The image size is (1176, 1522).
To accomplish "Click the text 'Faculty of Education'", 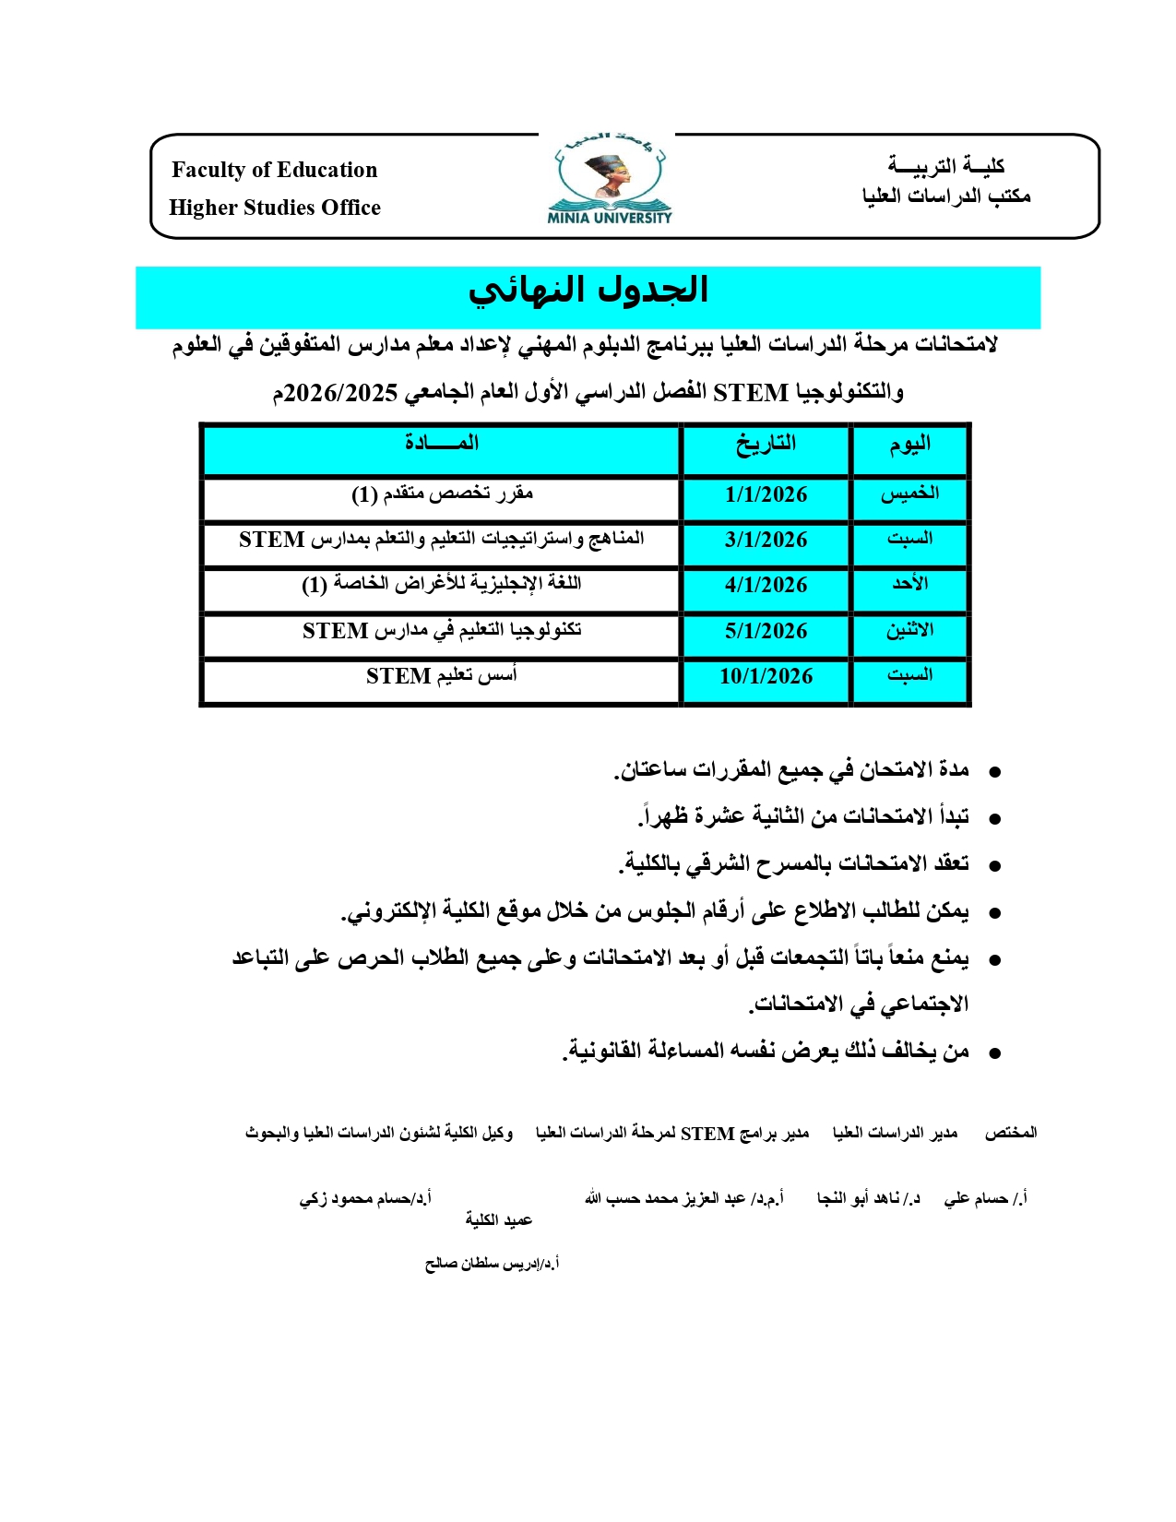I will (274, 170).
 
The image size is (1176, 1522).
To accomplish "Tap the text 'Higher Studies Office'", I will (274, 208).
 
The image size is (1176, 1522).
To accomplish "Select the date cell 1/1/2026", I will (766, 495).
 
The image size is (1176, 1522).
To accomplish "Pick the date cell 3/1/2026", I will (766, 541).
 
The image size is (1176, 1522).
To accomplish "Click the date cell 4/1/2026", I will (766, 586).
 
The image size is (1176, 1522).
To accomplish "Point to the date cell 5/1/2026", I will (766, 632).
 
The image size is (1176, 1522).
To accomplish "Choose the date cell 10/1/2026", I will (766, 677).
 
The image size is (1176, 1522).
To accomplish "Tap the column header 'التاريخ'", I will (766, 445).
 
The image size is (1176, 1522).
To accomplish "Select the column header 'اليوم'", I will (909, 446).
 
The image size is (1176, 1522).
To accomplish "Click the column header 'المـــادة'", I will (442, 444).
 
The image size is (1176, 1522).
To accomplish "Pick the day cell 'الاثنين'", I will (909, 631).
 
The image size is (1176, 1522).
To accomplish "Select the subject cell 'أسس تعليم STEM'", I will (442, 676).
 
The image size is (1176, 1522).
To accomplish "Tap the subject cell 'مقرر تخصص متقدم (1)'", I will (442, 494).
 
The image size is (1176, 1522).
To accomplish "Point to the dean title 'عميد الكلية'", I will (498, 1220).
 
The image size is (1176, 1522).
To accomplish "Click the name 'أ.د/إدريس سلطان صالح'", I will (492, 1264).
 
